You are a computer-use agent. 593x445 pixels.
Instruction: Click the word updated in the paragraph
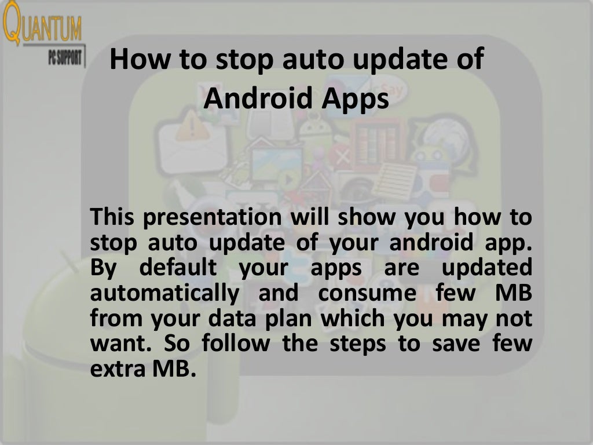(486, 269)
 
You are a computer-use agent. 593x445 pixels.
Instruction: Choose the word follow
(235, 344)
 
